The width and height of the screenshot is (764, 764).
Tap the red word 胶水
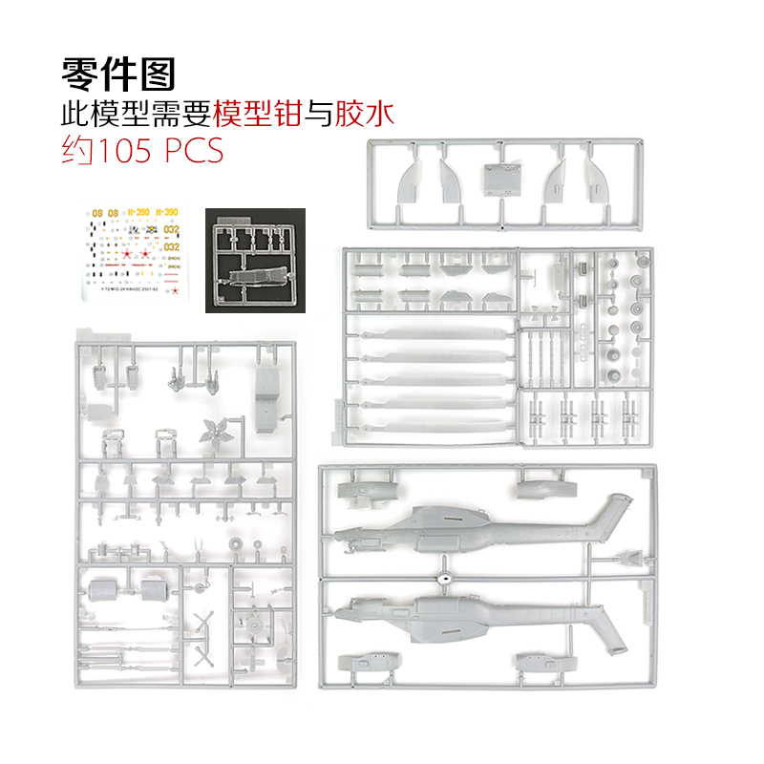click(363, 113)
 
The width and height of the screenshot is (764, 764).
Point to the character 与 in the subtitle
click(317, 113)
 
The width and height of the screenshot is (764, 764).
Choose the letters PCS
click(194, 151)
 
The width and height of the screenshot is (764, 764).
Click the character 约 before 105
click(76, 151)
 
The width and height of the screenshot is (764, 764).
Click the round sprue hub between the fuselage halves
click(443, 578)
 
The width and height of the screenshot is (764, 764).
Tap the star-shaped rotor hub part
click(214, 432)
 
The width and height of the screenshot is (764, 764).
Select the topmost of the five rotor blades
click(430, 335)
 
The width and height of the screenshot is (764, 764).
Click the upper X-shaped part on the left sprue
click(202, 624)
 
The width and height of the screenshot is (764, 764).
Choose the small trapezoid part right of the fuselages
click(631, 558)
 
